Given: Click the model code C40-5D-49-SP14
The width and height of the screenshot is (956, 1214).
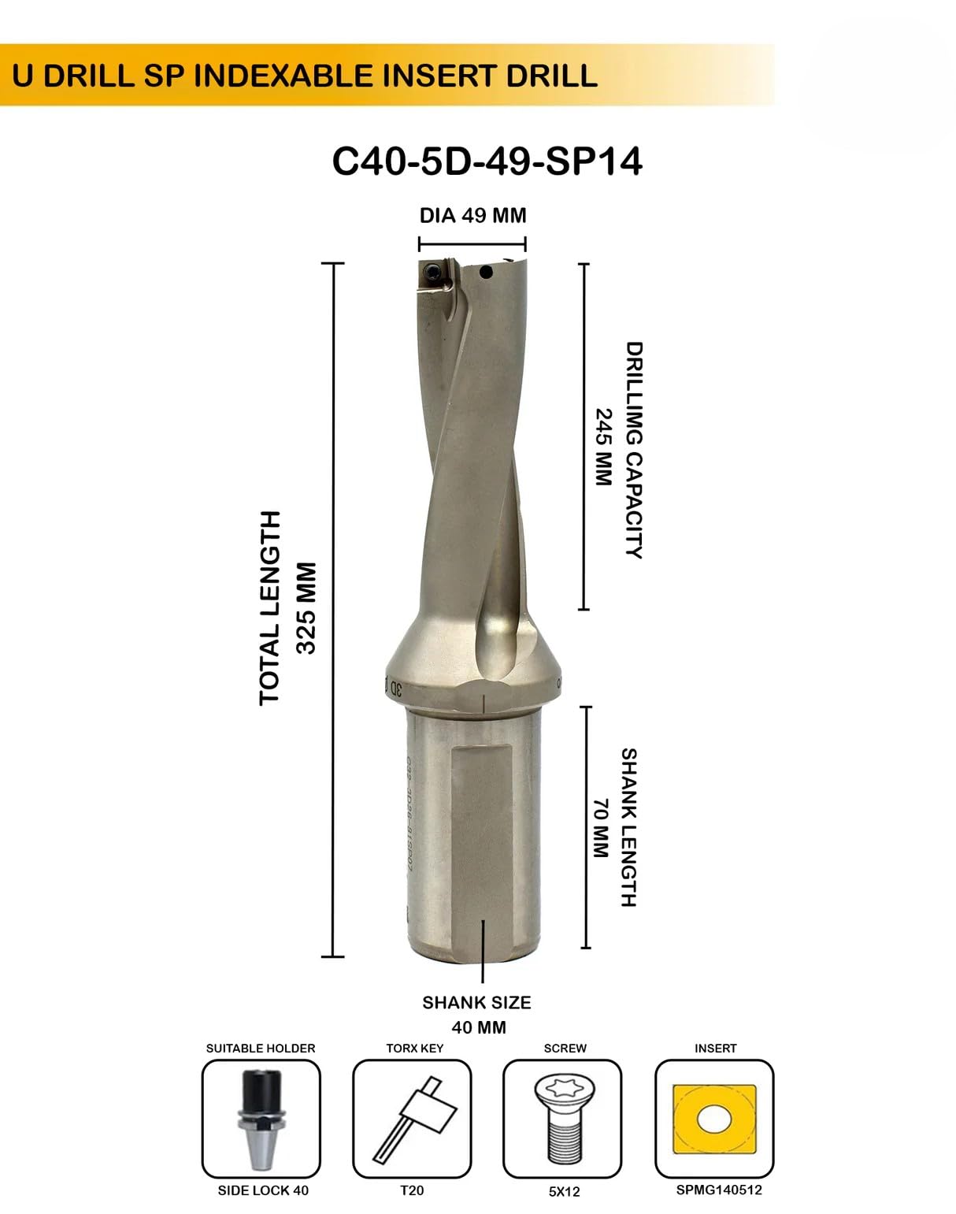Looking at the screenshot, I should [x=487, y=161].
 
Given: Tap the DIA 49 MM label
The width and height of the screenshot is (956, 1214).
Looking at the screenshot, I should [x=472, y=216].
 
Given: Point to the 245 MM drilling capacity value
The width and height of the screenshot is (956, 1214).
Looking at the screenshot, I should [x=602, y=447].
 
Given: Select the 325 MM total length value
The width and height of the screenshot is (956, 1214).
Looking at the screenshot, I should [x=306, y=607].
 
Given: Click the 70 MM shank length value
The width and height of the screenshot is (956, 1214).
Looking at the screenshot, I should [x=600, y=828].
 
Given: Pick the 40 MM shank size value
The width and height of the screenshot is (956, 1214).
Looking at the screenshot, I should [x=479, y=1027].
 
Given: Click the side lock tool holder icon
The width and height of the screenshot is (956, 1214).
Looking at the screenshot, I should [x=261, y=1119].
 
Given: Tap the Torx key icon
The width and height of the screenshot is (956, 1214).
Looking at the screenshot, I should [x=412, y=1119].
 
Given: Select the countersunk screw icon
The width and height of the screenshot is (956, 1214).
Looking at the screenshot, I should [x=562, y=1119].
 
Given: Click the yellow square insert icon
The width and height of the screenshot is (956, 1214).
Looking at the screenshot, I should [x=714, y=1119].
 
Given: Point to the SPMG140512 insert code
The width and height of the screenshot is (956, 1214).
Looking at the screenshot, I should [x=719, y=1190].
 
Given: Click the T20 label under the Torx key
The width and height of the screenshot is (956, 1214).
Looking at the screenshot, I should [x=412, y=1190].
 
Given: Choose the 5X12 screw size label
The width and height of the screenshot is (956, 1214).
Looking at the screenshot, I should [x=564, y=1191].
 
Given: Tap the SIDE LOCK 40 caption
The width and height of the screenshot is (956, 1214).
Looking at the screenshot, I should [x=263, y=1190].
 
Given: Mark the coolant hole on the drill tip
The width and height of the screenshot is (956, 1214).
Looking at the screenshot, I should [x=486, y=273].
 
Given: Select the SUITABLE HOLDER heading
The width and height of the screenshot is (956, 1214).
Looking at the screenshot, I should [x=261, y=1049].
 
